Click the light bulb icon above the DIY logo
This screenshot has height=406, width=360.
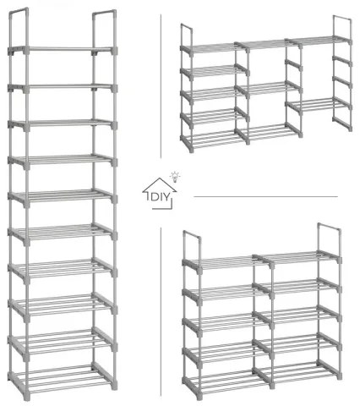pyautogui.click(x=175, y=177)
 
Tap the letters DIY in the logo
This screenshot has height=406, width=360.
pyautogui.click(x=161, y=197)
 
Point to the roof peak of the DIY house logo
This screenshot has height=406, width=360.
pyautogui.click(x=160, y=178)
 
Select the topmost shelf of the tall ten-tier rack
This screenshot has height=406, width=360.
pyautogui.click(x=63, y=50)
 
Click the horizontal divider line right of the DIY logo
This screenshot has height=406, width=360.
pyautogui.click(x=265, y=196)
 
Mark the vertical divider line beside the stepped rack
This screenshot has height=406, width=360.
pyautogui.click(x=161, y=86)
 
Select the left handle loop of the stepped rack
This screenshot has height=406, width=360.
pyautogui.click(x=187, y=36)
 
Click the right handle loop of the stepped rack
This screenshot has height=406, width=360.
pyautogui.click(x=342, y=28)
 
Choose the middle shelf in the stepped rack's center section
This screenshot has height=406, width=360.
pyautogui.click(x=269, y=88)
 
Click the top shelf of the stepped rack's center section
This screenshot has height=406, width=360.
pyautogui.click(x=267, y=45)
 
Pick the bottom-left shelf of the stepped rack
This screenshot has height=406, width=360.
pyautogui.click(x=215, y=140)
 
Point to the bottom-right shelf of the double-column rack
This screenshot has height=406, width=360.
pyautogui.click(x=298, y=370)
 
